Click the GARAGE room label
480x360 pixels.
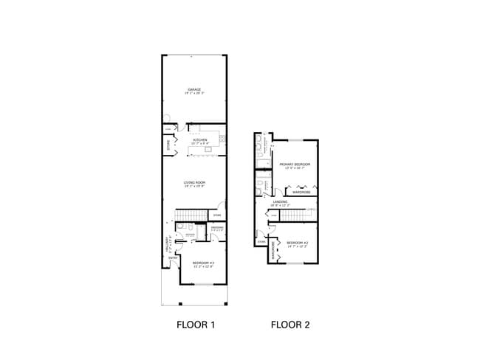[x=193, y=89]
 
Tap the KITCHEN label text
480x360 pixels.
[x=200, y=139]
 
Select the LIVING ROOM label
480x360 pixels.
[x=194, y=182]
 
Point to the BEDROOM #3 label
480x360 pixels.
[x=202, y=263]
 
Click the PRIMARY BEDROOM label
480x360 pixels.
[x=295, y=164]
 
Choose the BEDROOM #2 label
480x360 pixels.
[x=297, y=242]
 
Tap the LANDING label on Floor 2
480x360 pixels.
[x=280, y=201]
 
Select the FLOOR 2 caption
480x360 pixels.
[x=291, y=324]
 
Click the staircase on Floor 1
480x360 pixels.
[x=191, y=215]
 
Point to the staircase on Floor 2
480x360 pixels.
[x=292, y=215]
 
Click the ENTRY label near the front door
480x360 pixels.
[x=172, y=258]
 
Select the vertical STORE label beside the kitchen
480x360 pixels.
[x=168, y=145]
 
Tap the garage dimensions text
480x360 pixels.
[x=193, y=94]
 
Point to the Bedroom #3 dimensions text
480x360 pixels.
[x=202, y=266]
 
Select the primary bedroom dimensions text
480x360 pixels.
[x=295, y=168]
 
